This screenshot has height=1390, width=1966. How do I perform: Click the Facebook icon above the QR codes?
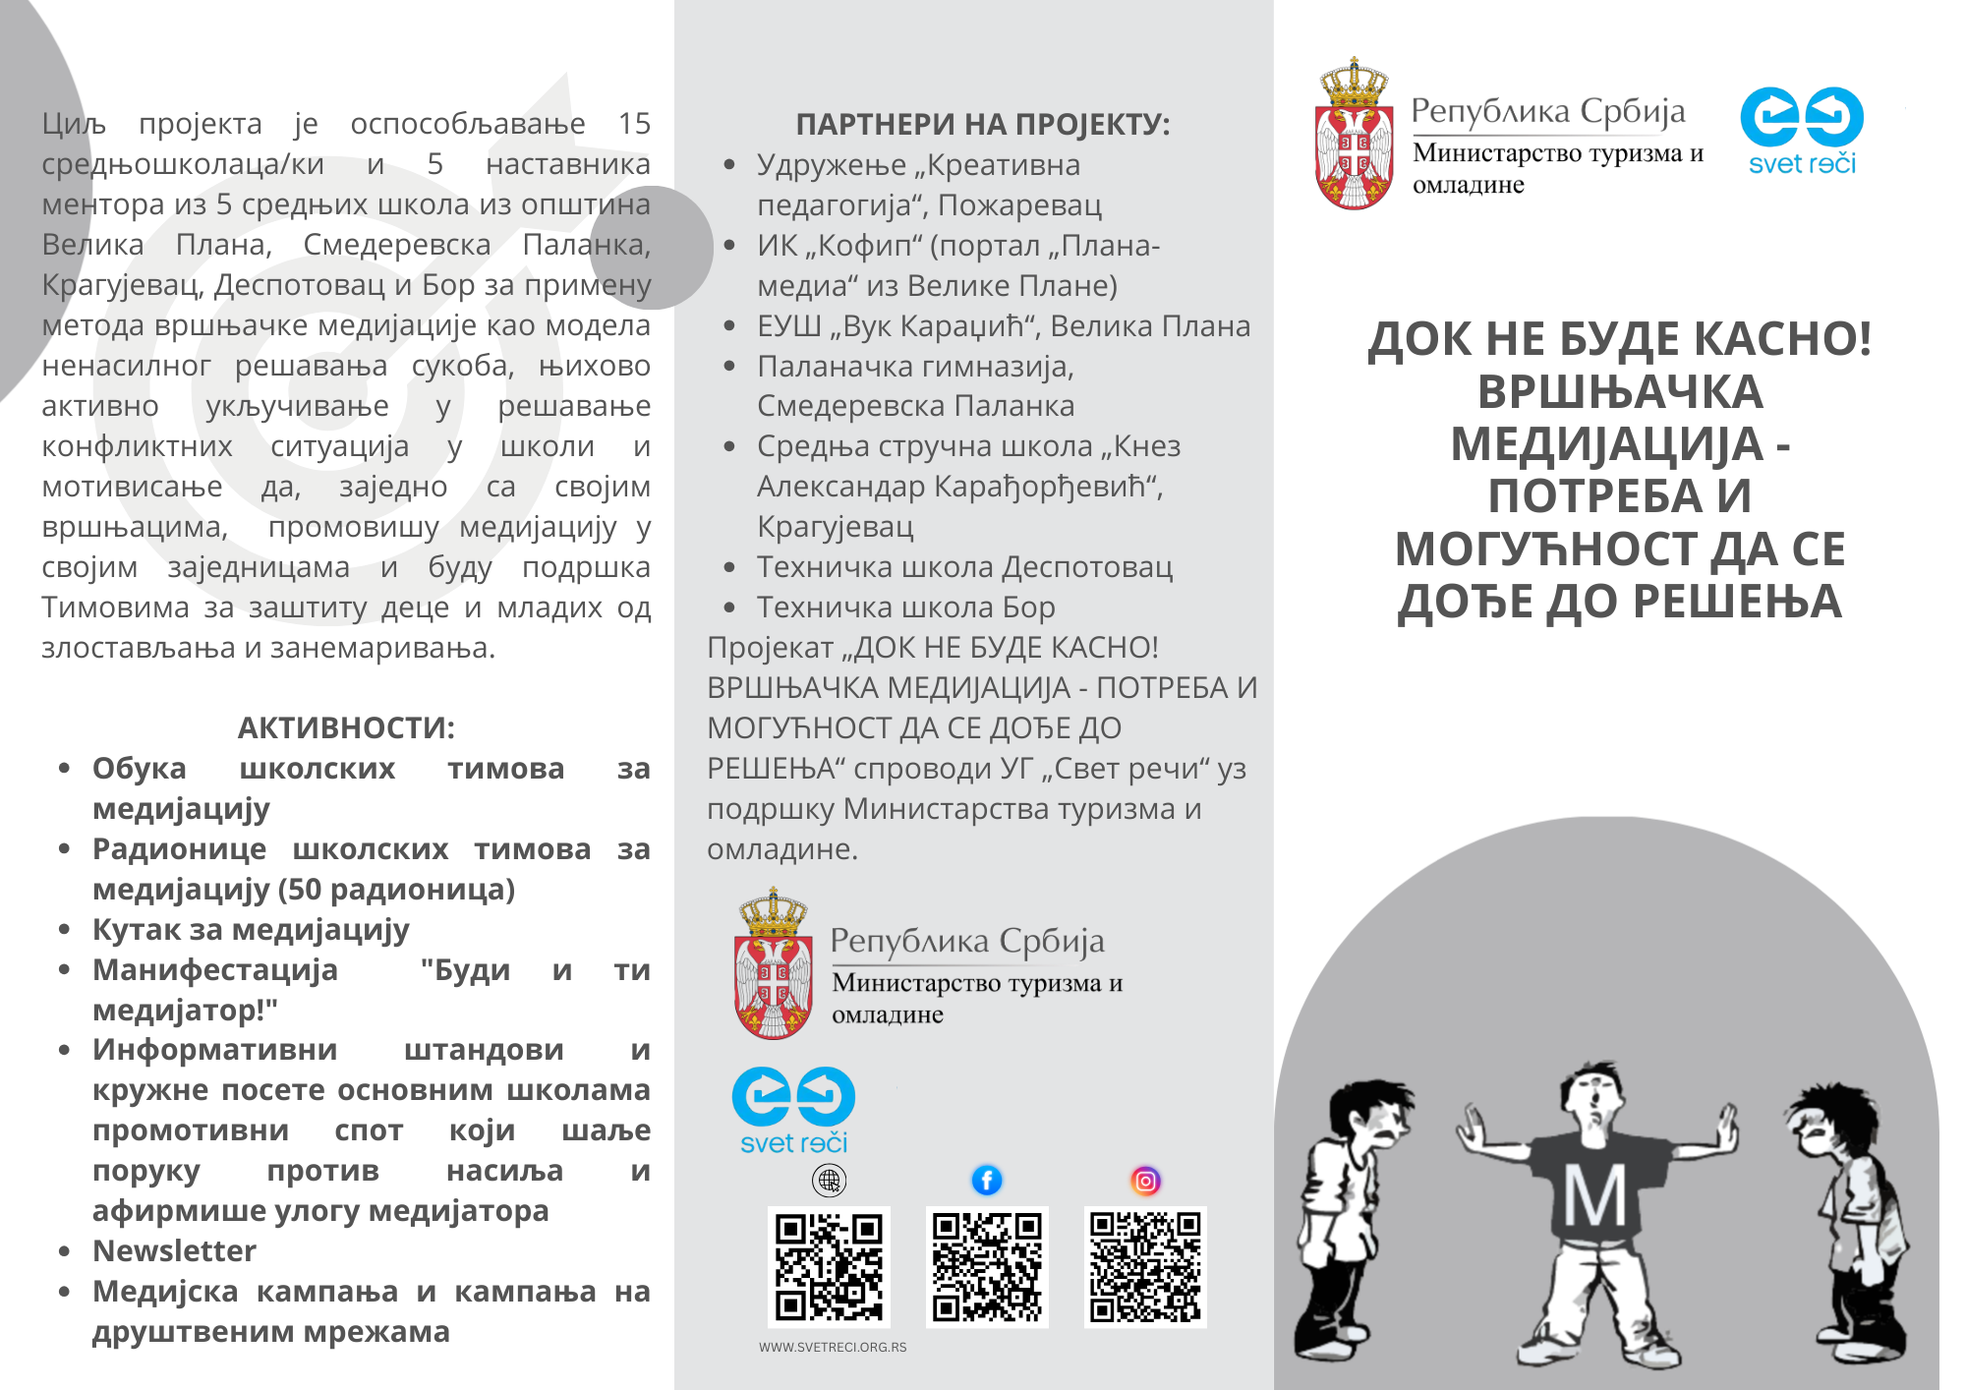[987, 1180]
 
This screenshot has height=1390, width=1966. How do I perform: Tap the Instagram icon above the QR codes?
[1145, 1180]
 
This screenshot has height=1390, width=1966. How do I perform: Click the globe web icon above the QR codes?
[829, 1180]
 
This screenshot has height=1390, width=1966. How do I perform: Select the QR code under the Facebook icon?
[987, 1267]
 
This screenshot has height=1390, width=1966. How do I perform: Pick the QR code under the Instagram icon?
[1145, 1267]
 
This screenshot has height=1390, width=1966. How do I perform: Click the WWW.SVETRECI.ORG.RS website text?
[833, 1347]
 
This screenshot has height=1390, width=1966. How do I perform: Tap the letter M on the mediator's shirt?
[1594, 1197]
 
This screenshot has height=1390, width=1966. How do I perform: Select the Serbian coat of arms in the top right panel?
[1354, 135]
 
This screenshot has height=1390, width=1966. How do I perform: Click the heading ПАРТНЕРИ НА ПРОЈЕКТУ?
[982, 124]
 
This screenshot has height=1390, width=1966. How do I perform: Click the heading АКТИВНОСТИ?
[346, 727]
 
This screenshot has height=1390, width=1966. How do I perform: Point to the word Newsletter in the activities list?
[174, 1250]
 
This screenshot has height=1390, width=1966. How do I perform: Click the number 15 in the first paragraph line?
[634, 124]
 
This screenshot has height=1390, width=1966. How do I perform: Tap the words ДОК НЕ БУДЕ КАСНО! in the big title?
[1619, 339]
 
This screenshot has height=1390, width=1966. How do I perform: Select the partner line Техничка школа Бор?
[905, 608]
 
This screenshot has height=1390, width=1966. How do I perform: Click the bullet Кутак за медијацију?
[251, 929]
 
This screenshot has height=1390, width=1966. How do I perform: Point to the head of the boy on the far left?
[1371, 1121]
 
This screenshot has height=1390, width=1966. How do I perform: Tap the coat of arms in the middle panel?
[773, 965]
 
